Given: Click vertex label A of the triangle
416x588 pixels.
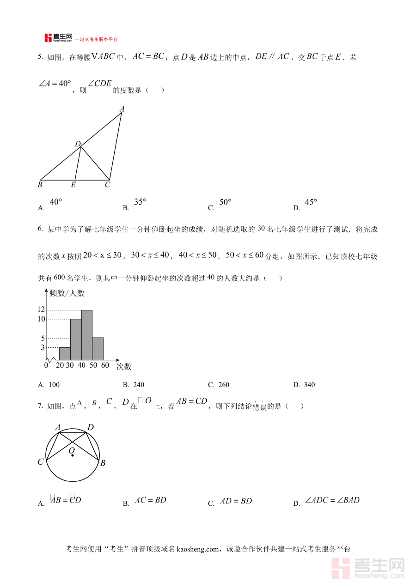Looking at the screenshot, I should click(x=122, y=109).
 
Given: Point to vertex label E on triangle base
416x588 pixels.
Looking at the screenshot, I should click(x=73, y=185).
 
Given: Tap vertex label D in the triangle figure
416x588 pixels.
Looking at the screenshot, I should click(x=78, y=144).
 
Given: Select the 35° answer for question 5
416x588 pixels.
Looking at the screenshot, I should click(x=140, y=202).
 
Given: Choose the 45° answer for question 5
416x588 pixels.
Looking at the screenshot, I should click(x=311, y=202).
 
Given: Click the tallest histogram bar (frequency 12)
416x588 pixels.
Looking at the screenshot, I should click(x=87, y=335).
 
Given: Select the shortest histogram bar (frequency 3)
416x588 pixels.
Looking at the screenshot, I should click(x=65, y=353).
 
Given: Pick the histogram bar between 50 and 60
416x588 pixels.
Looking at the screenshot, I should click(x=98, y=348).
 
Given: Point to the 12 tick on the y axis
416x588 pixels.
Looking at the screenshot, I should click(x=41, y=309).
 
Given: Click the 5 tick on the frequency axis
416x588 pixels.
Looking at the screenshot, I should click(x=43, y=338).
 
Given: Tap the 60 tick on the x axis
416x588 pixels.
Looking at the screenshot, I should click(x=105, y=365).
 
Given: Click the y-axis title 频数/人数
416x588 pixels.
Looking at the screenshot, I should click(x=67, y=293).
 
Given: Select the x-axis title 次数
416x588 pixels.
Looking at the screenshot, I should click(x=124, y=367).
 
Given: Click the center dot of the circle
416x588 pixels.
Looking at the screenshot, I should click(x=73, y=455).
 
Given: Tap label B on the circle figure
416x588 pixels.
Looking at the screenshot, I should click(x=103, y=463).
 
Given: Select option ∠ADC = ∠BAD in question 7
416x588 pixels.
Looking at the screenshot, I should click(x=332, y=500).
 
